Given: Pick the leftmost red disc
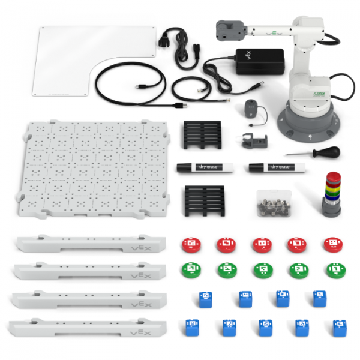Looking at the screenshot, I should pyautogui.click(x=191, y=244).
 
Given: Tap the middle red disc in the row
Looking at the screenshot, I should pyautogui.click(x=262, y=244).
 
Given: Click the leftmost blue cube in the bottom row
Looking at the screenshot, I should pyautogui.click(x=192, y=326).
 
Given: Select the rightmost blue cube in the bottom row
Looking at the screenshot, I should pyautogui.click(x=339, y=327).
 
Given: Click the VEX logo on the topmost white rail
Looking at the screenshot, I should pyautogui.click(x=139, y=245).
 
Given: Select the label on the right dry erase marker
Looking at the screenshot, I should pyautogui.click(x=280, y=167).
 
